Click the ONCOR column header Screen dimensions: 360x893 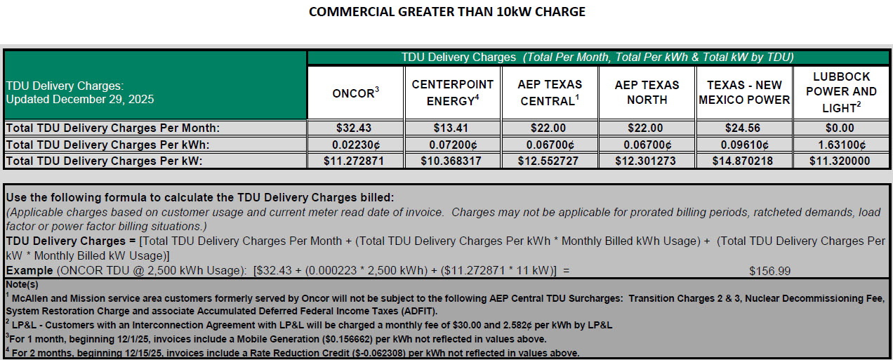[355, 93]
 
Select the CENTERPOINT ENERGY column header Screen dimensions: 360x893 [452, 93]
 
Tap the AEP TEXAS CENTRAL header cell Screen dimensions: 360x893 [550, 93]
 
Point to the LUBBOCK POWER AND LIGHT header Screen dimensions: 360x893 [841, 92]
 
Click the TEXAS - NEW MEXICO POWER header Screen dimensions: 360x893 [744, 93]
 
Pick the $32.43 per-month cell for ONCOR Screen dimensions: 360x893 [355, 128]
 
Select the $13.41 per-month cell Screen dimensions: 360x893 [452, 128]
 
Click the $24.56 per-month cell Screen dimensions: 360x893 [744, 128]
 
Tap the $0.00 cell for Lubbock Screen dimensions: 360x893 [841, 128]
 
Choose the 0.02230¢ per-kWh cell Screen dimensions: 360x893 [355, 145]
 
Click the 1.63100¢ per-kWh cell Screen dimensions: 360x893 [841, 145]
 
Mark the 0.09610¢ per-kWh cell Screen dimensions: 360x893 [744, 145]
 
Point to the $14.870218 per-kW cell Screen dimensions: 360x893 [744, 161]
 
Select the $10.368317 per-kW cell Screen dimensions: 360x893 [452, 161]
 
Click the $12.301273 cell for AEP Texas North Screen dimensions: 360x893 [647, 161]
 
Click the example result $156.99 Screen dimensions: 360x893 [769, 270]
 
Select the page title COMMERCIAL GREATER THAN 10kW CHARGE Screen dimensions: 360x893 [446, 11]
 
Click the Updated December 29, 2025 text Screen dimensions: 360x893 [80, 100]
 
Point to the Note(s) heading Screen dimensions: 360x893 [22, 284]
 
